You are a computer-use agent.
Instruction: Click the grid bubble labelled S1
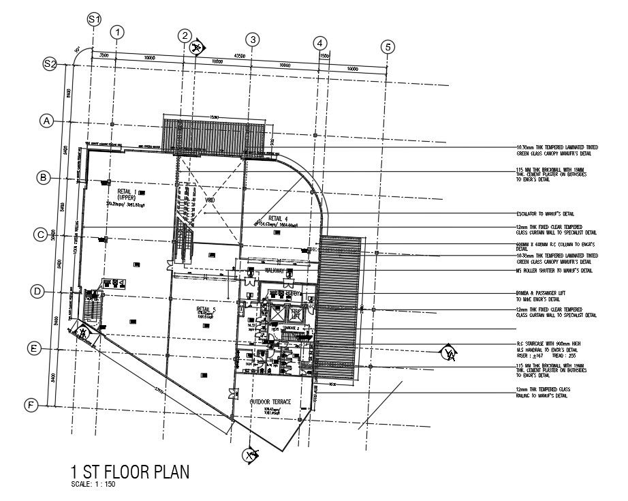click(94, 20)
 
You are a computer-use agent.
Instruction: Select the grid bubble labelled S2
click(50, 63)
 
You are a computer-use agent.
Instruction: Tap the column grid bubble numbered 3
click(253, 40)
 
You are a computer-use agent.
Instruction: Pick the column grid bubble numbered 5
click(388, 47)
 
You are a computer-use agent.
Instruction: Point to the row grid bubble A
click(46, 121)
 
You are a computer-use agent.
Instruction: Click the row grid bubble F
click(31, 406)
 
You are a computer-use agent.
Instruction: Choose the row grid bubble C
click(41, 234)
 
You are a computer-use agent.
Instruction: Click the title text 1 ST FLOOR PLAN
click(129, 472)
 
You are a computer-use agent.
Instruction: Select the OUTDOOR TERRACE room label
click(270, 402)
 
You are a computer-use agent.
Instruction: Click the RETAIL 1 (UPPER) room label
click(127, 194)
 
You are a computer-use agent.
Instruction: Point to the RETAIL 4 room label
click(279, 218)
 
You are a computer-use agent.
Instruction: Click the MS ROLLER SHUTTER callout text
click(554, 271)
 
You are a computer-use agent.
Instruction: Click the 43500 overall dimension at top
click(240, 55)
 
